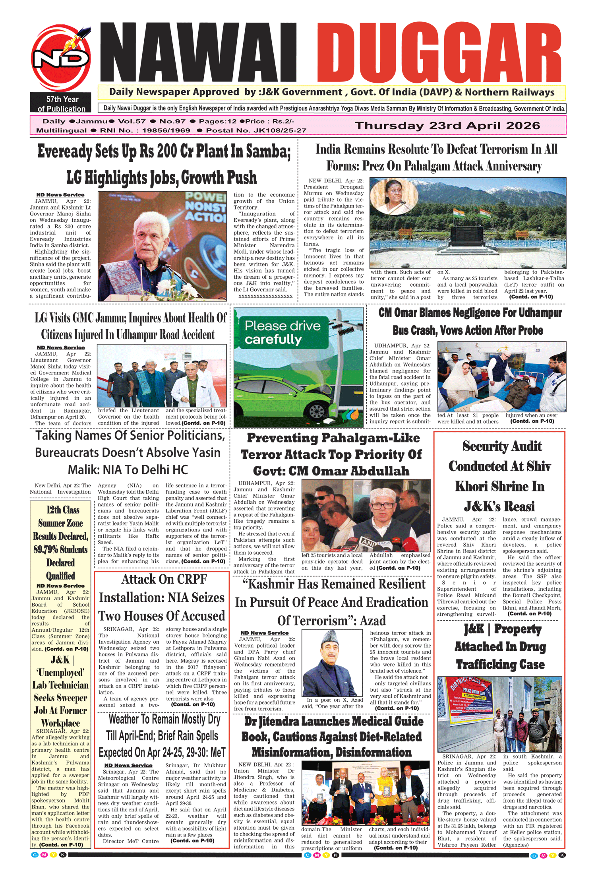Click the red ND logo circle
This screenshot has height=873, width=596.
[61, 58]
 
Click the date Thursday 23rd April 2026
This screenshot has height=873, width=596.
[447, 126]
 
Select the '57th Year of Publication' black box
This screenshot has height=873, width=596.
[60, 104]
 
